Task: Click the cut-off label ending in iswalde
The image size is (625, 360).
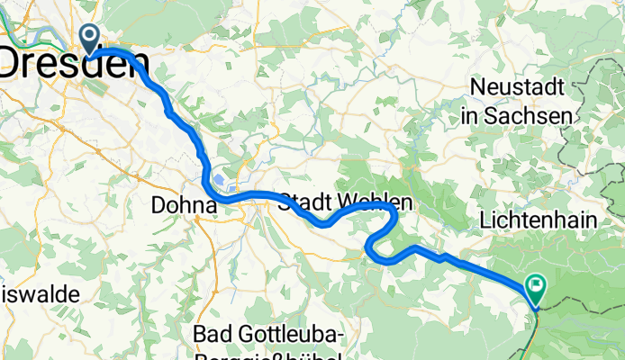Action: click(x=41, y=293)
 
